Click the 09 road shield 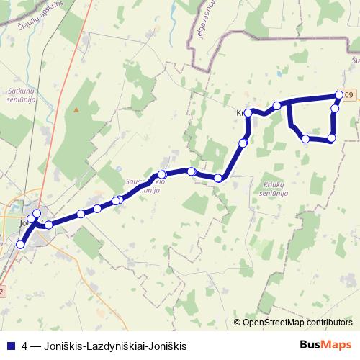tap(349, 95)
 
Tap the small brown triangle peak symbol tap(76, 109)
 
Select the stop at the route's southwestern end tap(20, 245)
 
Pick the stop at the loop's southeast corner tap(332, 138)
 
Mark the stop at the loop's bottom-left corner tap(305, 138)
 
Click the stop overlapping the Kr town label tap(248, 113)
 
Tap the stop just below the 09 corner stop tap(335, 109)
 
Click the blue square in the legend tap(11, 346)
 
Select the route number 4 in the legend tap(25, 346)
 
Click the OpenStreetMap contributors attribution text tap(298, 322)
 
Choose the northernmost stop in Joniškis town tap(37, 213)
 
